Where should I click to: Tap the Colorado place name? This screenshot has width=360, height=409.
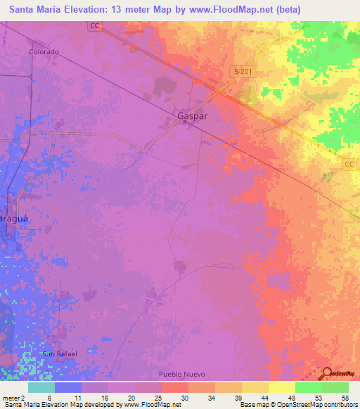pyautogui.click(x=44, y=52)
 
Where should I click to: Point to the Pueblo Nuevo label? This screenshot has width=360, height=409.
pyautogui.click(x=180, y=374)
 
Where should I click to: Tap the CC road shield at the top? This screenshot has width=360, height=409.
pyautogui.click(x=95, y=26)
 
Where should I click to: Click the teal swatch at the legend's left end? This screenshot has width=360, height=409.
pyautogui.click(x=41, y=387)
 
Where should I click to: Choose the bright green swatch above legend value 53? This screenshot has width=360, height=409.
pyautogui.click(x=308, y=387)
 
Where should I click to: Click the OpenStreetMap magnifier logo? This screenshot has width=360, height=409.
pyautogui.click(x=326, y=374)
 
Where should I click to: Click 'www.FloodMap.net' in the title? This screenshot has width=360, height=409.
pyautogui.click(x=216, y=9)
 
